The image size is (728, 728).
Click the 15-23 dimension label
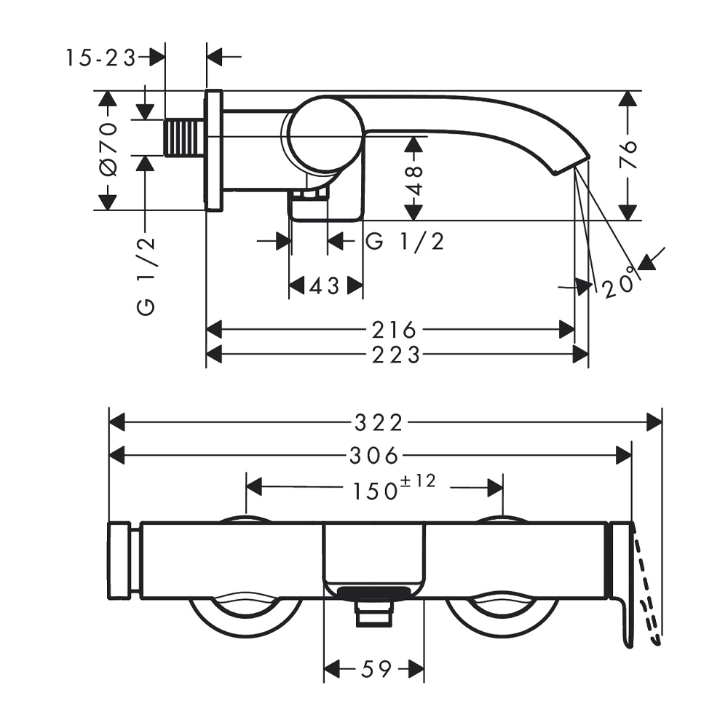click(100, 58)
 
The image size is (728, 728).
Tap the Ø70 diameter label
click(108, 150)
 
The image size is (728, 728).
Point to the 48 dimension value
click(414, 181)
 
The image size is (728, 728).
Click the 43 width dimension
click(325, 286)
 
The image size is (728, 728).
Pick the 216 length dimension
click(394, 330)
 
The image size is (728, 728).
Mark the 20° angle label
click(620, 282)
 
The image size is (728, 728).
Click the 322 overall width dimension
click(379, 423)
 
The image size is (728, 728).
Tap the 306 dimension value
click(374, 456)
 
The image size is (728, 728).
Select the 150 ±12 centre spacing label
click(395, 488)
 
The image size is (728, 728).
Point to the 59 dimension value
click(377, 669)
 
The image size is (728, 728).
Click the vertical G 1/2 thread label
click(146, 276)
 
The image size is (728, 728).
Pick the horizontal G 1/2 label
click(405, 242)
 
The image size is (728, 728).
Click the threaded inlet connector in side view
click(184, 138)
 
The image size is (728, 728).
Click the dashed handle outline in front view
click(648, 592)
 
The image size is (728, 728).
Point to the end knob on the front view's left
click(119, 561)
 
